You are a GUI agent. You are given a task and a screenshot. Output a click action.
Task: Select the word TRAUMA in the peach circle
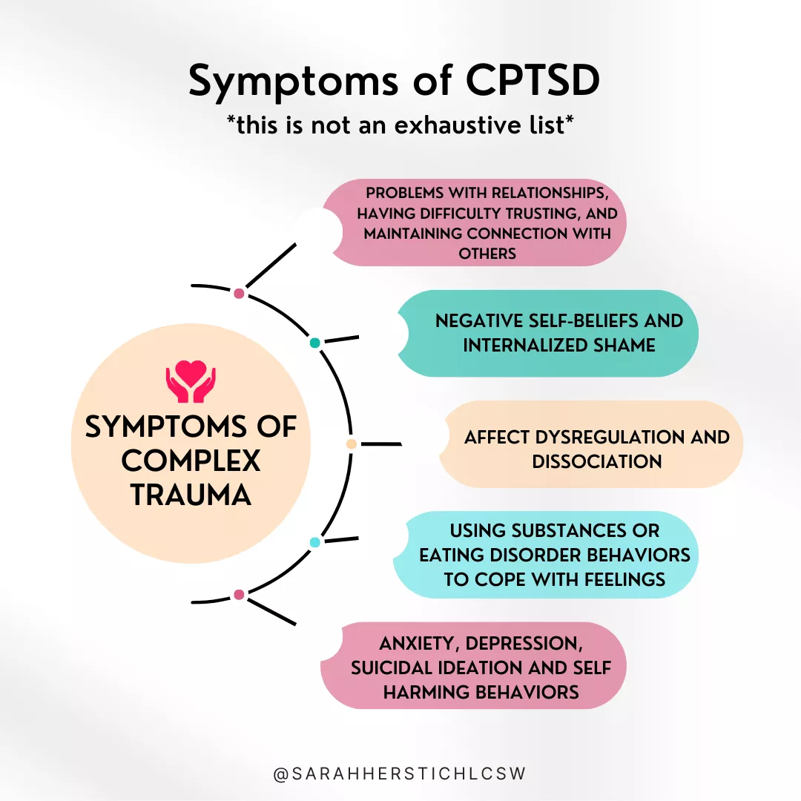(191, 495)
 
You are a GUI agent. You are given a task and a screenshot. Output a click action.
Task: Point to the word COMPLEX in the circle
(191, 461)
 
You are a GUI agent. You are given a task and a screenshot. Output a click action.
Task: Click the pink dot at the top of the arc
(239, 294)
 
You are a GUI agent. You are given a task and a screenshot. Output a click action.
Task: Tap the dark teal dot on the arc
(314, 343)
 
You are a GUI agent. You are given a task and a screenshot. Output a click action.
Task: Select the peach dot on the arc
(352, 444)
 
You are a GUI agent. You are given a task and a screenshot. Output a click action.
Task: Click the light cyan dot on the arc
(314, 542)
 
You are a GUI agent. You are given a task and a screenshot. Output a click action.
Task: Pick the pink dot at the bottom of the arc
(239, 594)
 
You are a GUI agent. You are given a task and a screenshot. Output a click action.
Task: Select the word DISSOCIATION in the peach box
(596, 461)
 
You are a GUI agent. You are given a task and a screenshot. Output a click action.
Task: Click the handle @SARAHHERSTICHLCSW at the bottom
(400, 774)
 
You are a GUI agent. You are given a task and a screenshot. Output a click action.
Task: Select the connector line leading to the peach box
(380, 444)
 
